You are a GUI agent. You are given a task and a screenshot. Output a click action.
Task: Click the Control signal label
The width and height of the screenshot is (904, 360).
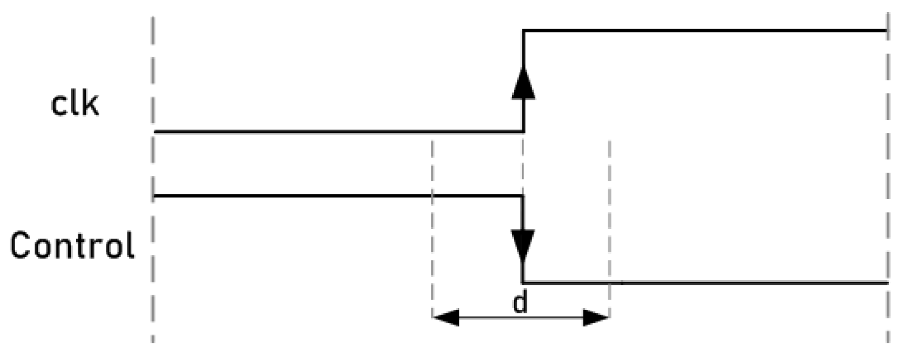(72, 246)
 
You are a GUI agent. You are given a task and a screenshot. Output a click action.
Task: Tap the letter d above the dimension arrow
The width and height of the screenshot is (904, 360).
(520, 304)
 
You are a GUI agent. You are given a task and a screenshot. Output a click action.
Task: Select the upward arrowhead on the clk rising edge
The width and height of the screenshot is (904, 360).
(523, 84)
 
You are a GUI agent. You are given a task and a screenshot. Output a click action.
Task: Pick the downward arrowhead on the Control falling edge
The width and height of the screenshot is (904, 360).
(523, 246)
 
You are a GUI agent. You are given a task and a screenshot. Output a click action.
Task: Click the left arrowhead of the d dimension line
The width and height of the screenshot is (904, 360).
(446, 318)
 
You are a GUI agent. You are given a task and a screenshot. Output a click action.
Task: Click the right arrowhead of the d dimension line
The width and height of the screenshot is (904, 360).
(596, 318)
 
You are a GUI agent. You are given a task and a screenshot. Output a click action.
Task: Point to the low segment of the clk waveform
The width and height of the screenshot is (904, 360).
(335, 131)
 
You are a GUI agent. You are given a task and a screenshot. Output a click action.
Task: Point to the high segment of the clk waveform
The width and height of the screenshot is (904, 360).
(702, 31)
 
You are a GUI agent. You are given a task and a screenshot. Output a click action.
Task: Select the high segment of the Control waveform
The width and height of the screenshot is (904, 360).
(335, 195)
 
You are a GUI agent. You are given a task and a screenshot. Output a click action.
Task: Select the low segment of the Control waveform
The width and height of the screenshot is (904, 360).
(702, 282)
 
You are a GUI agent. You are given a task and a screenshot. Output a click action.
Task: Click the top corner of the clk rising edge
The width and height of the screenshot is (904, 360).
(523, 31)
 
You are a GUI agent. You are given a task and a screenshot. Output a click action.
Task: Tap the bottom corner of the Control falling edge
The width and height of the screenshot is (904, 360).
(523, 282)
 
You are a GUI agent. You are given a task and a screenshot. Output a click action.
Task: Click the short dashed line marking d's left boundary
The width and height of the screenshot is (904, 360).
(432, 227)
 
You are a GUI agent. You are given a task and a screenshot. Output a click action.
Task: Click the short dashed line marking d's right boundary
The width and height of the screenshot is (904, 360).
(609, 227)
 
